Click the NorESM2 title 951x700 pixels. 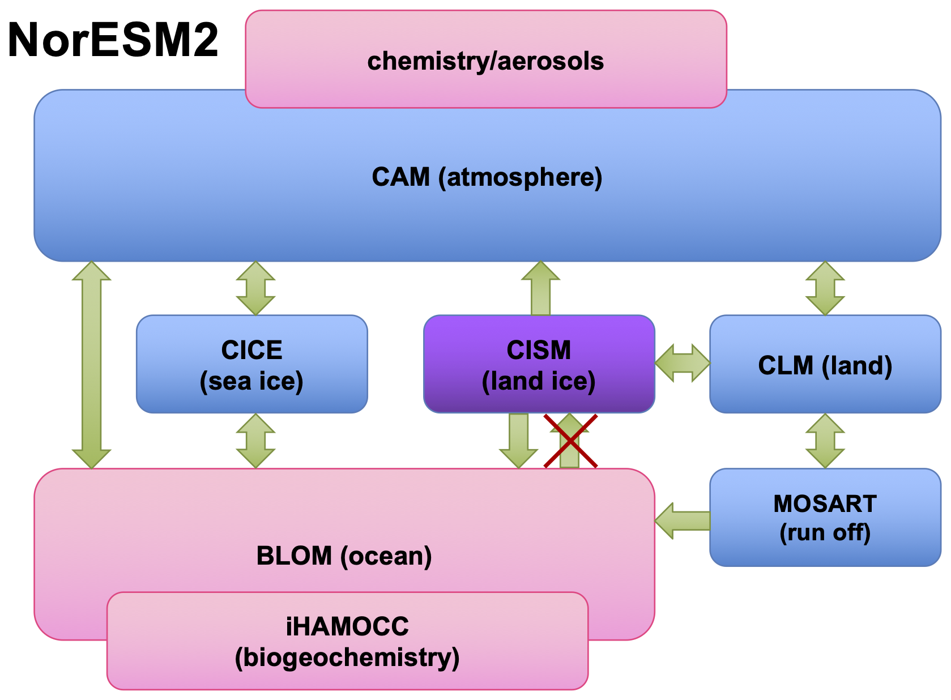(x=113, y=41)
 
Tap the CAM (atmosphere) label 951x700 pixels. (x=487, y=177)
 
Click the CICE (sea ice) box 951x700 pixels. (x=251, y=364)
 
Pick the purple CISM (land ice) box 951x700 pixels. (x=539, y=364)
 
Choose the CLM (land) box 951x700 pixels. (x=825, y=364)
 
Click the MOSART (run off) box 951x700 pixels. (x=825, y=517)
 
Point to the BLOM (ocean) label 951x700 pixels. (x=344, y=556)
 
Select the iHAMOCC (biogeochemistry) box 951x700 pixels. (x=347, y=641)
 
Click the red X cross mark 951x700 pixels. (x=570, y=441)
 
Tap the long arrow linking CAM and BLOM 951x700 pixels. (x=91, y=365)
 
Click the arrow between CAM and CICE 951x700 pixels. (x=255, y=288)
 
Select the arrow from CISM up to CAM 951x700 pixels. (x=540, y=288)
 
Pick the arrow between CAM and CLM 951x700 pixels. (x=825, y=288)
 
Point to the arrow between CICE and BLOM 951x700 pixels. (x=255, y=441)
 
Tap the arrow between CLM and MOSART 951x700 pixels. (x=825, y=441)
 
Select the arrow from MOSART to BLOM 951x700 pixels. (x=682, y=520)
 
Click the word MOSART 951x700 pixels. (x=825, y=503)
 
